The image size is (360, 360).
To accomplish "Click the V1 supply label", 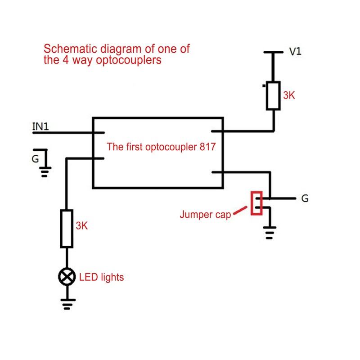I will tap(295, 52).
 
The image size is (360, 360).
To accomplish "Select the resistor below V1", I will tap(273, 95).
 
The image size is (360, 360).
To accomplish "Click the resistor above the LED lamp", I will tap(67, 228).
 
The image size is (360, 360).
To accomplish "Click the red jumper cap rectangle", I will tap(257, 203).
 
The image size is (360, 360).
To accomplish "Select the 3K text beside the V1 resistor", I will tap(289, 95).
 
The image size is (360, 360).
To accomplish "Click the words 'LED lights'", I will tap(101, 277).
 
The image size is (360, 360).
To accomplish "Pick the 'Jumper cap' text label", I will tap(205, 215).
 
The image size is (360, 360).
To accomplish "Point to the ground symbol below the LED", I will tap(67, 304).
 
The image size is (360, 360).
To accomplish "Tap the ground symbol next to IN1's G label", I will tap(45, 170).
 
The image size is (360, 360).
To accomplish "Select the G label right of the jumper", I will tap(305, 198).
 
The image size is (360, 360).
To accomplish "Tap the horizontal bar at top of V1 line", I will tap(273, 52).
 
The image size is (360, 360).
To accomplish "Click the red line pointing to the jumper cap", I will tap(240, 210).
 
